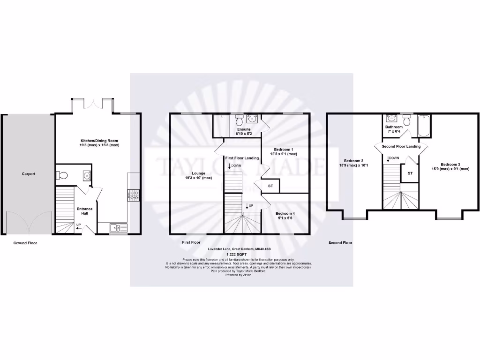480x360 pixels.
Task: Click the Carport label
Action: tap(29, 174)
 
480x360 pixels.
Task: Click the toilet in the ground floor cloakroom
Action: tap(61, 176)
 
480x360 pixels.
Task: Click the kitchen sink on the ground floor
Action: tap(118, 228)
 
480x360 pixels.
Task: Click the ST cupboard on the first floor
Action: tap(270, 186)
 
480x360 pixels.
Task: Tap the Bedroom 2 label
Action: tap(354, 163)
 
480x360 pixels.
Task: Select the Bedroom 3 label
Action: tap(450, 166)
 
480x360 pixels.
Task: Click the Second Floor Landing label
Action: tap(401, 147)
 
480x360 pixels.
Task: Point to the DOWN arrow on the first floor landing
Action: tap(230, 166)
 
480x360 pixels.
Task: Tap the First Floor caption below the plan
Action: tap(191, 243)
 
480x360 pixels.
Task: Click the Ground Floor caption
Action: tap(25, 243)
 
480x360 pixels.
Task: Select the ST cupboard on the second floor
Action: tap(410, 173)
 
